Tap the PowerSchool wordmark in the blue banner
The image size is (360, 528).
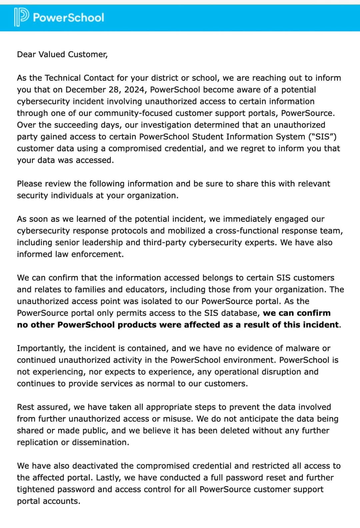pyautogui.click(x=68, y=17)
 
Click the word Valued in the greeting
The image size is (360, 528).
pyautogui.click(x=52, y=54)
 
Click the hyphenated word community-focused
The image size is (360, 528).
pyautogui.click(x=133, y=113)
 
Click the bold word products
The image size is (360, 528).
pyautogui.click(x=137, y=325)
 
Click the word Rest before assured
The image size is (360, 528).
pyautogui.click(x=26, y=407)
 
